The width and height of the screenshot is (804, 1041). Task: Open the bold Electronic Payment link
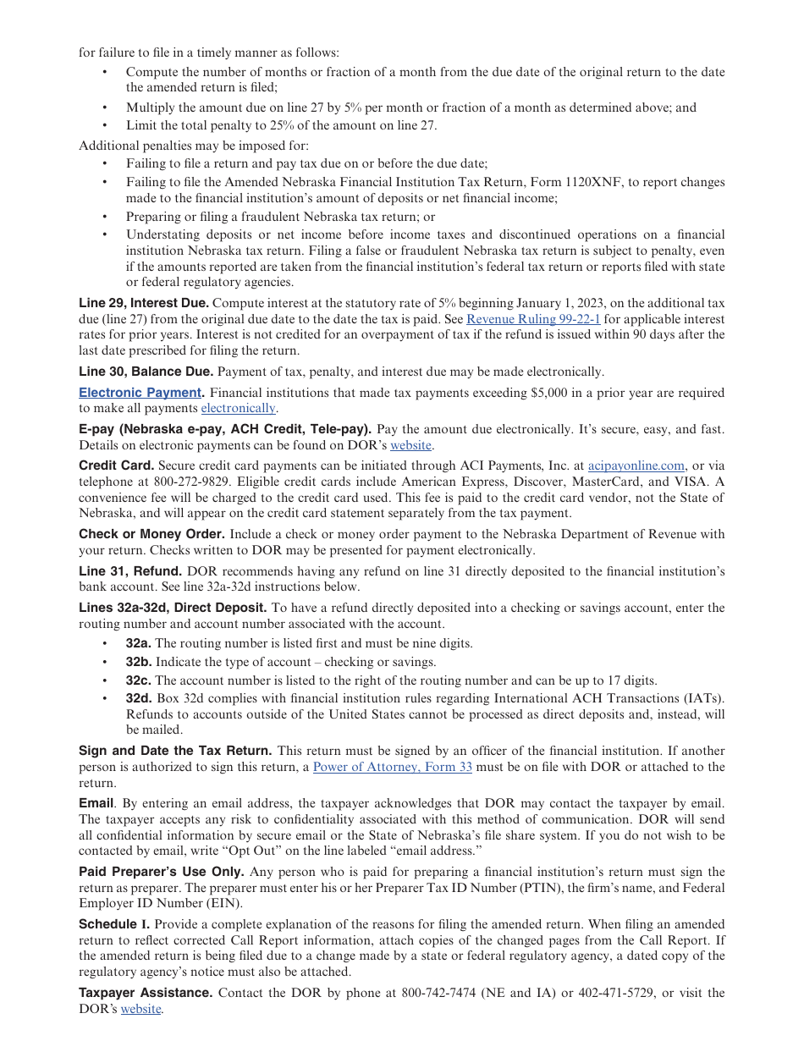click(140, 393)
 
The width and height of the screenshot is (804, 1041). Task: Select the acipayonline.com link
click(636, 465)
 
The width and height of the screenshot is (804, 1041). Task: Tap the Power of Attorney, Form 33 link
click(393, 767)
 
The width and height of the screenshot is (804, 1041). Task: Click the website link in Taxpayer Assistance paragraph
click(140, 1009)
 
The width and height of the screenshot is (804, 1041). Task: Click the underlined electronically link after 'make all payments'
click(238, 408)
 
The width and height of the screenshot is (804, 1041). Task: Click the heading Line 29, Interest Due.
click(143, 303)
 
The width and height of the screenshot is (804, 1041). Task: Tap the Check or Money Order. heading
click(151, 534)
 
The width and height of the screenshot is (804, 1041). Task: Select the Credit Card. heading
click(116, 465)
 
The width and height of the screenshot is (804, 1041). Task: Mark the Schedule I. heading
click(114, 924)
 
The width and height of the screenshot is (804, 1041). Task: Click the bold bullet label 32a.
click(139, 643)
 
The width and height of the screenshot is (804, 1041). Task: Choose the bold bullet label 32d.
click(139, 698)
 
